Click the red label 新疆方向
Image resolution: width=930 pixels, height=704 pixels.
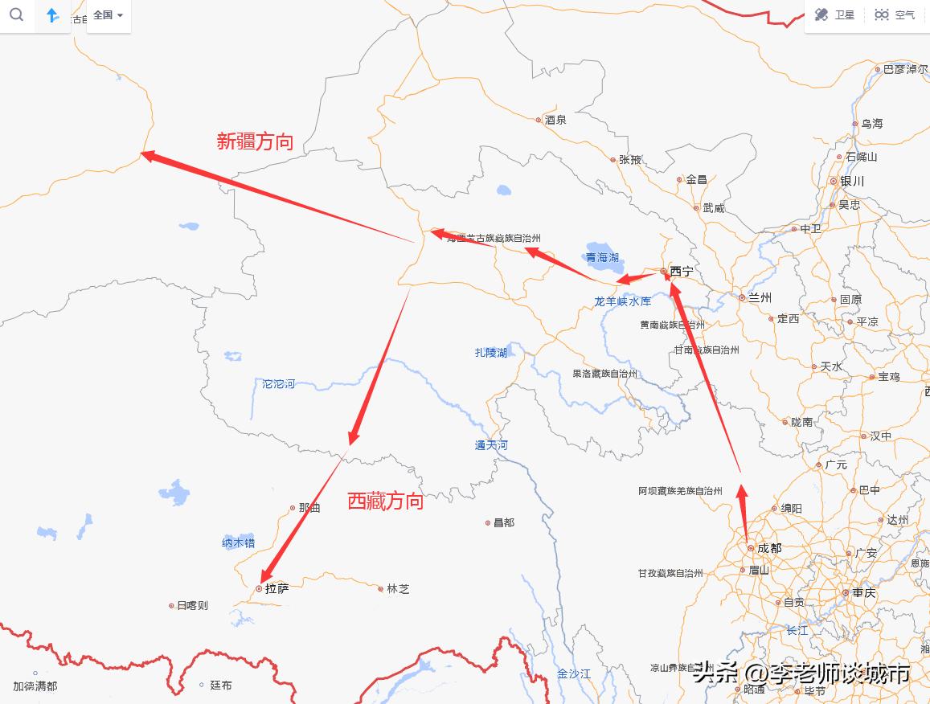(x=255, y=142)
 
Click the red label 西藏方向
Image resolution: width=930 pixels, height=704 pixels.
(x=385, y=501)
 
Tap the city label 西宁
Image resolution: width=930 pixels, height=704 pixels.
(x=681, y=272)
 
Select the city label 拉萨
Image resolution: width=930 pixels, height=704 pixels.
(x=277, y=588)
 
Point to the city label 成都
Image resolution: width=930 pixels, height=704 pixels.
(x=768, y=548)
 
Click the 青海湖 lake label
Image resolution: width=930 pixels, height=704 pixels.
(x=602, y=257)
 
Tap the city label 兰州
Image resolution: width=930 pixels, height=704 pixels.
(x=760, y=297)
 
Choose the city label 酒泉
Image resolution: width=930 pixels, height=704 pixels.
(x=555, y=120)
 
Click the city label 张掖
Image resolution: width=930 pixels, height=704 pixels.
(x=630, y=160)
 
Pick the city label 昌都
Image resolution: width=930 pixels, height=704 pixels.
(x=504, y=522)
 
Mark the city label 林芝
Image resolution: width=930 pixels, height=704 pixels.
(x=398, y=588)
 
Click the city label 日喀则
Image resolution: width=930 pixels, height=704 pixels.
(x=192, y=605)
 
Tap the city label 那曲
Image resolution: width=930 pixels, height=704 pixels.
(x=309, y=508)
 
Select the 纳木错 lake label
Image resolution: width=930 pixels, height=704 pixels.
(x=238, y=543)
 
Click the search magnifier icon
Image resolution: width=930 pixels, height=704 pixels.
(x=16, y=15)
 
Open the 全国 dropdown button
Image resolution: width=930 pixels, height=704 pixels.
(x=108, y=15)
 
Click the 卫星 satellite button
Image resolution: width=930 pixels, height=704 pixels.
(x=836, y=15)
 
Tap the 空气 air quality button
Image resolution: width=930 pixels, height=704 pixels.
(x=895, y=15)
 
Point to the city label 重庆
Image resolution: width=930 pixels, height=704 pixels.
(x=864, y=592)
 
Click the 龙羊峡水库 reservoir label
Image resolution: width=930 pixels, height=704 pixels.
(x=622, y=301)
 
